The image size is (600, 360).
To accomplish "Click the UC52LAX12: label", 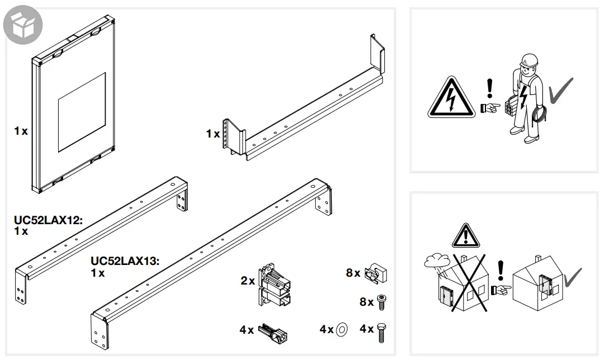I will click(x=48, y=221).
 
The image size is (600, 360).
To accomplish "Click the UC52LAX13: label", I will click(x=125, y=261).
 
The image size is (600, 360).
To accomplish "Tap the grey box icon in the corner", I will click(x=23, y=25).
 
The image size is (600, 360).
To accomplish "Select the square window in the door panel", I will click(x=82, y=112).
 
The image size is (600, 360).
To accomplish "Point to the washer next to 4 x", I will click(x=342, y=330).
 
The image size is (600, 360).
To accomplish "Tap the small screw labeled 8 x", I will click(x=382, y=302).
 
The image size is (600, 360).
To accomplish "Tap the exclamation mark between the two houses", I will click(x=501, y=271).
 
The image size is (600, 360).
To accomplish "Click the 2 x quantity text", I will click(x=247, y=281).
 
